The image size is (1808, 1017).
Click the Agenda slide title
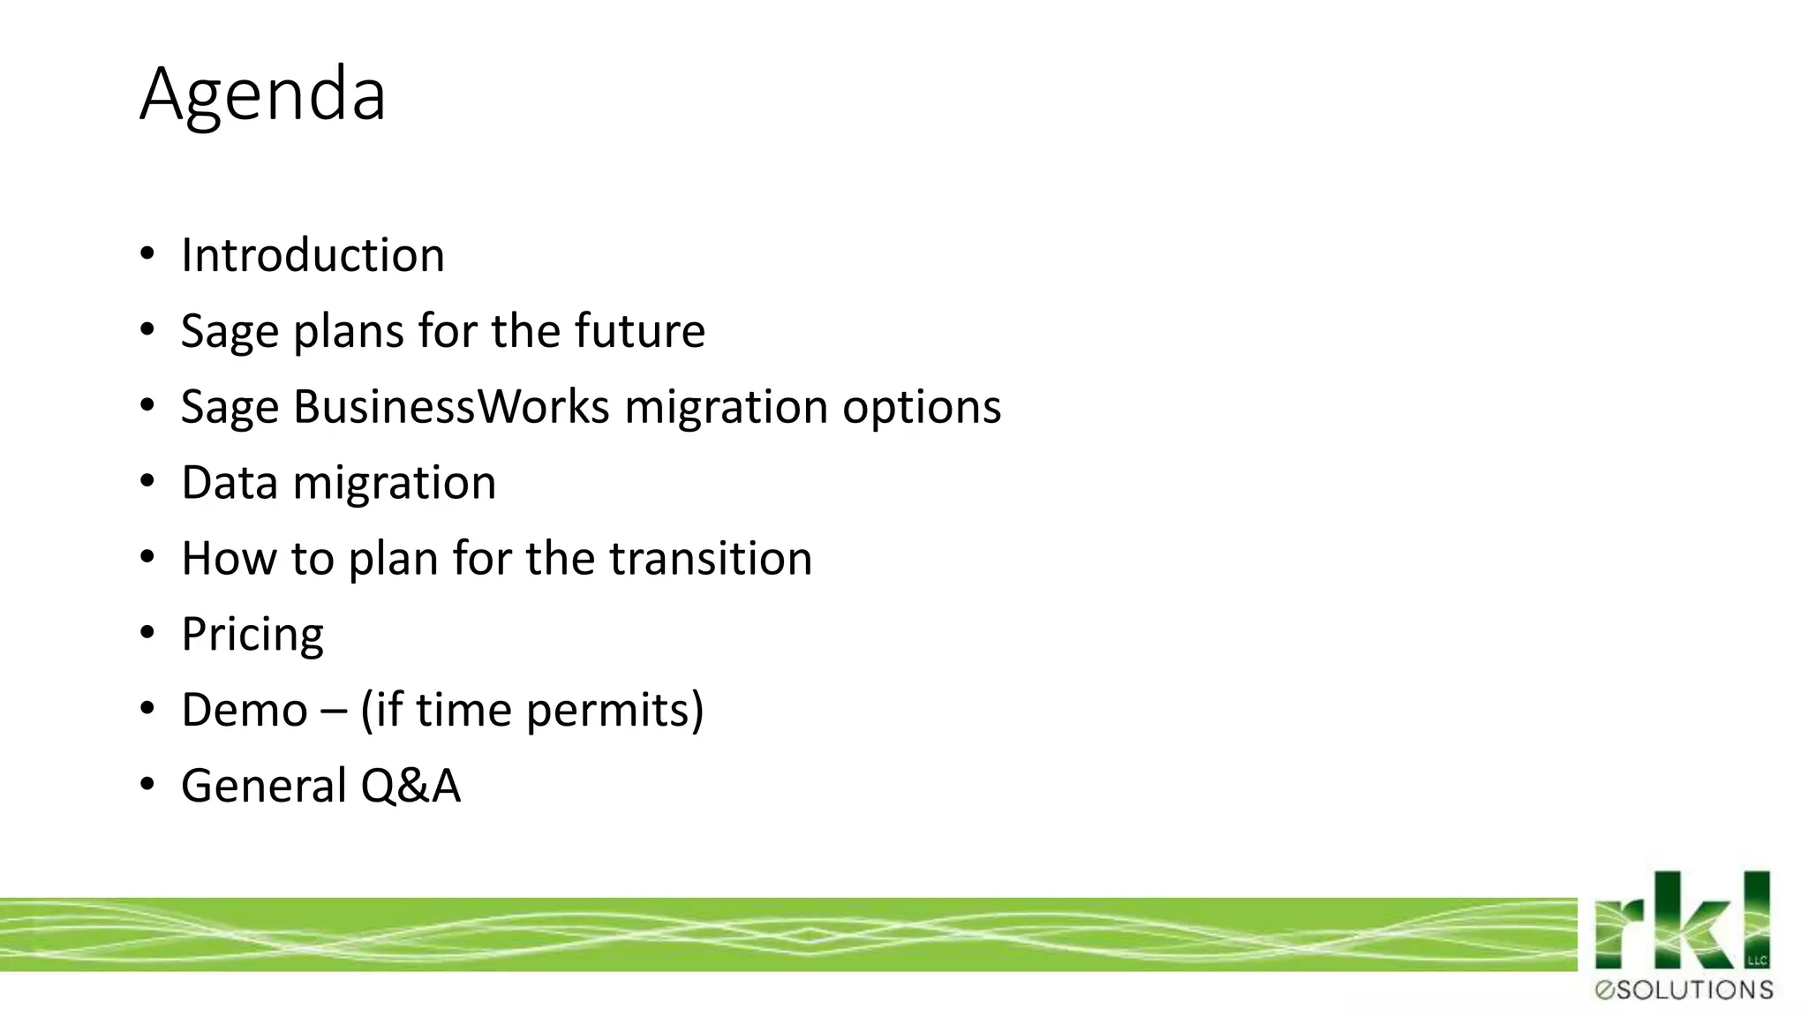(263, 94)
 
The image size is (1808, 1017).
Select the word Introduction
(313, 255)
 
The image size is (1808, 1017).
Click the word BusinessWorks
(451, 407)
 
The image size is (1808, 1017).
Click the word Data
(230, 483)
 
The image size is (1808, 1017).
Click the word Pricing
(252, 635)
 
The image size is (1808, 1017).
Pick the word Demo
(245, 710)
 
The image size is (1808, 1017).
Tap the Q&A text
(411, 786)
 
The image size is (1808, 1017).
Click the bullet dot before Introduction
(147, 255)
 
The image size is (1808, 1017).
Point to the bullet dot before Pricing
(147, 633)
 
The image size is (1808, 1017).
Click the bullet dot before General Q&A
(147, 785)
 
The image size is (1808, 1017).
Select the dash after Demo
(334, 711)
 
